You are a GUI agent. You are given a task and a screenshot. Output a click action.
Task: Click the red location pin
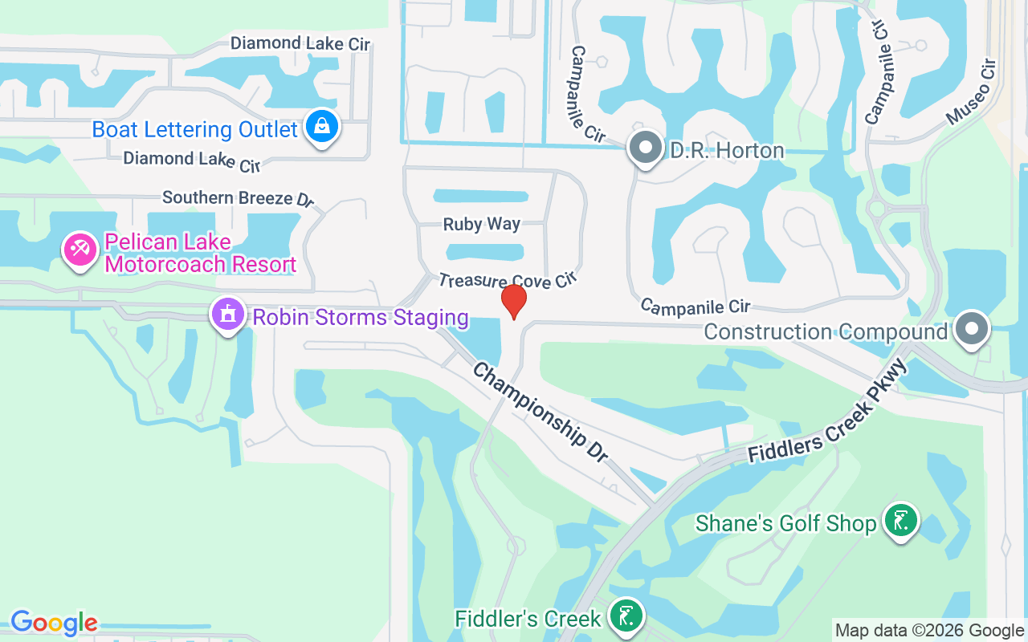[514, 300]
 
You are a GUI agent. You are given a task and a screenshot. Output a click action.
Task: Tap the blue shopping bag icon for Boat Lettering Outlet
[322, 127]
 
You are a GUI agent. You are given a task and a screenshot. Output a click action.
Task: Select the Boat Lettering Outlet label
[194, 129]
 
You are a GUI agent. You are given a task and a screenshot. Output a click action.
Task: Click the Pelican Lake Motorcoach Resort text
[200, 253]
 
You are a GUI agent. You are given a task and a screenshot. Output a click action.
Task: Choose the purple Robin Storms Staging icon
[228, 315]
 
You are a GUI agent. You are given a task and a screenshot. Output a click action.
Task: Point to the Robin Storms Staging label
[361, 317]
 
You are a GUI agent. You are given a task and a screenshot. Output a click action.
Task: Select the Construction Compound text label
[826, 331]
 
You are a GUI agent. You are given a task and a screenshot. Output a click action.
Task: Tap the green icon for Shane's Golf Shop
[901, 521]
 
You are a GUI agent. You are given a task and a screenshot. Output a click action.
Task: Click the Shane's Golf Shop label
[785, 524]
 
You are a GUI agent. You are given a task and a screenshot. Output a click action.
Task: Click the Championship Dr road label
[540, 412]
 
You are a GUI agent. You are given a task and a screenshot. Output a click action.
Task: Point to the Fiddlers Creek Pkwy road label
[827, 412]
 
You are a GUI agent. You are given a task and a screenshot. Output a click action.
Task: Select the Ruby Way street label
[482, 224]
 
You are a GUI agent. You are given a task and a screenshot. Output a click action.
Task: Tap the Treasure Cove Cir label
[508, 279]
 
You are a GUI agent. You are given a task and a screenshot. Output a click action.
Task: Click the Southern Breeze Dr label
[238, 197]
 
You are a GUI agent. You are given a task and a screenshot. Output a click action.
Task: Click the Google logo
[54, 623]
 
